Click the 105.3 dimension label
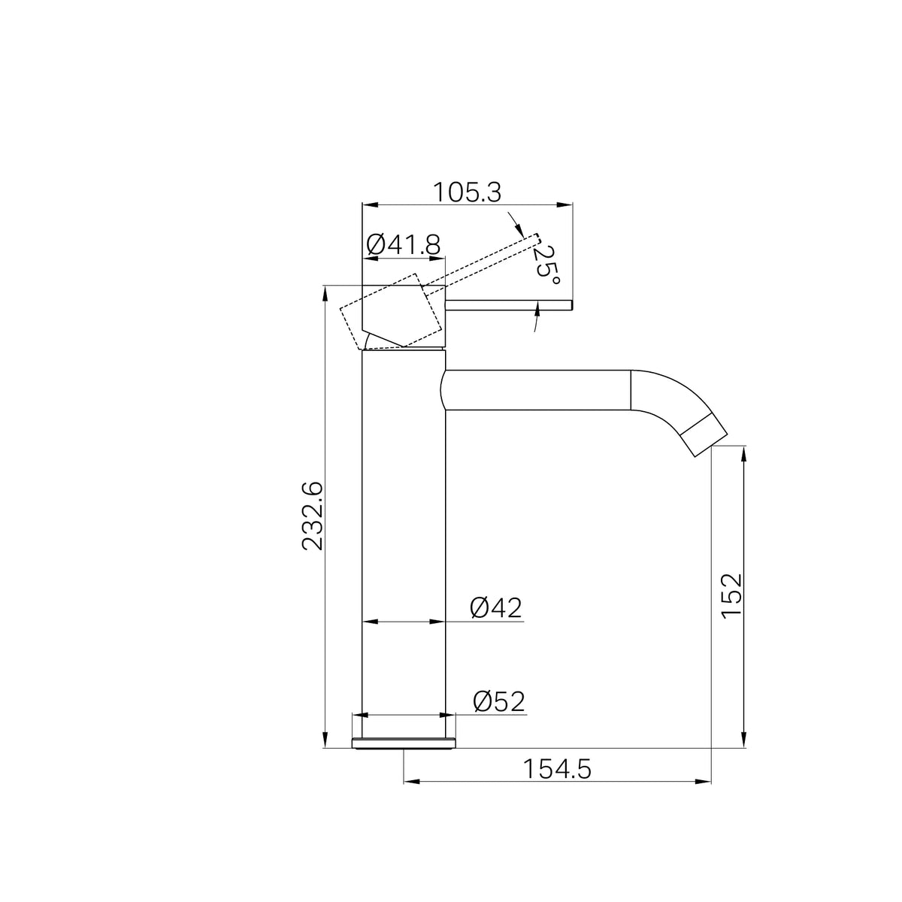coord(467,192)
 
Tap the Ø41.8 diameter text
coord(404,244)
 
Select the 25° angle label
coord(546,265)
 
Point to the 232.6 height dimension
coord(312,516)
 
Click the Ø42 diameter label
coord(495,608)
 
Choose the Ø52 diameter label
coord(499,701)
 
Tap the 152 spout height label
coord(731,596)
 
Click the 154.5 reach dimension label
coord(557,769)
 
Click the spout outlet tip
coord(704,436)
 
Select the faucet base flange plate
coord(404,744)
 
